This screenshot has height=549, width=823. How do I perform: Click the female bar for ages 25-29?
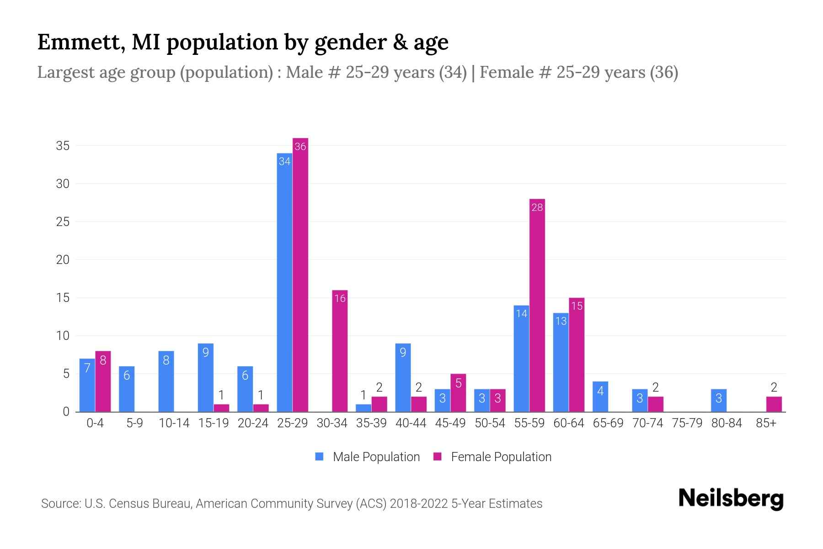tap(300, 274)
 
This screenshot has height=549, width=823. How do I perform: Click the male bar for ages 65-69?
tap(600, 397)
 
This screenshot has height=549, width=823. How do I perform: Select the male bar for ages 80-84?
tap(719, 400)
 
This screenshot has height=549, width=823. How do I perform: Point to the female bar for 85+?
tap(774, 404)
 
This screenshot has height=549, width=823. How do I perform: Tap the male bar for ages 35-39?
tap(363, 408)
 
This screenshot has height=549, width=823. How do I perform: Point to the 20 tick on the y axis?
tap(63, 260)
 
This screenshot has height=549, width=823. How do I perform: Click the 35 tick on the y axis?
tap(63, 146)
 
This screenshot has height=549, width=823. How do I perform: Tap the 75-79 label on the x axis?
tap(687, 423)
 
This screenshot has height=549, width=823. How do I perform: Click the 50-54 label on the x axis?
tap(490, 423)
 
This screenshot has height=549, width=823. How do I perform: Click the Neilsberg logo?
tap(731, 499)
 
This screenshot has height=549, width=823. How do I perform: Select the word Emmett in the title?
tap(80, 42)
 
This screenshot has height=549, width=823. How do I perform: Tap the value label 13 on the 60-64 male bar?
tap(561, 321)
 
